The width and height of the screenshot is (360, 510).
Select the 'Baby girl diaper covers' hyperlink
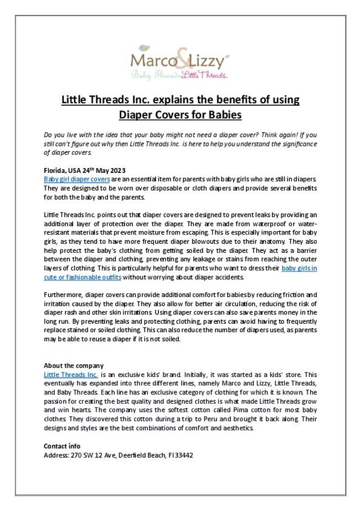click(77, 180)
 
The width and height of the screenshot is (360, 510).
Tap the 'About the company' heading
click(73, 366)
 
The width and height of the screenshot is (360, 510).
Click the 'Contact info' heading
click(62, 446)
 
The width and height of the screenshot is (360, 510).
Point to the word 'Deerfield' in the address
click(125, 455)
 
